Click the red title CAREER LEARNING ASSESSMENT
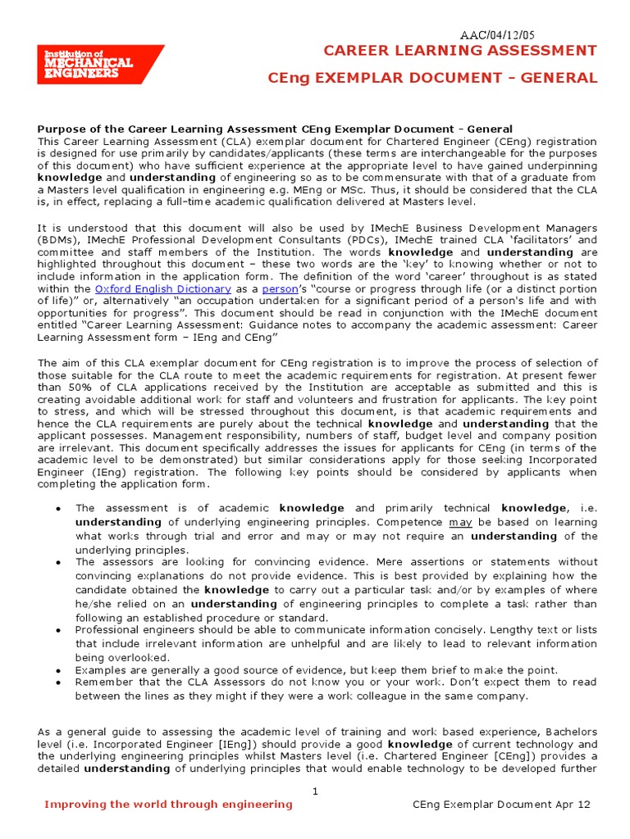click(x=460, y=51)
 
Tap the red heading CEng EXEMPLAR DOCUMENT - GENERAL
click(x=433, y=78)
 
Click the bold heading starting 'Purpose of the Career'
click(x=275, y=129)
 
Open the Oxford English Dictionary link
click(x=163, y=288)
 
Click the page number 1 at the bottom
click(x=316, y=790)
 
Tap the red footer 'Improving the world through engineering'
click(x=168, y=805)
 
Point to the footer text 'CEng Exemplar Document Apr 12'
click(x=500, y=805)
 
